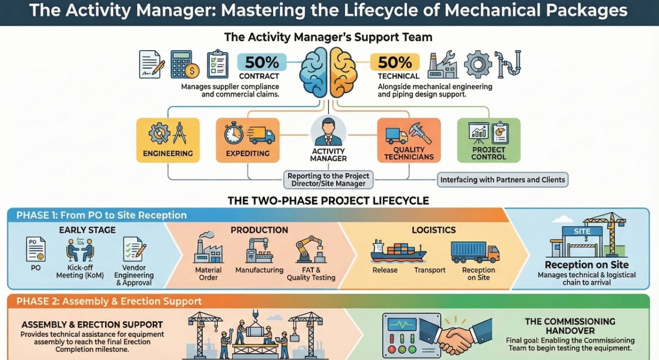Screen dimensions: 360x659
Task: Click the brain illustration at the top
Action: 329,72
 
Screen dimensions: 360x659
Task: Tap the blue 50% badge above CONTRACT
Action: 262,62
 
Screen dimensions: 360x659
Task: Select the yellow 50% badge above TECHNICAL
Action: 395,62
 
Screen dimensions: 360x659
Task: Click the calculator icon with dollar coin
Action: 185,64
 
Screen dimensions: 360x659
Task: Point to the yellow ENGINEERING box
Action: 168,140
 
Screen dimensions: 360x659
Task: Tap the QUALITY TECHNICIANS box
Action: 409,140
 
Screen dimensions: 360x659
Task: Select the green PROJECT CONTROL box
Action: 489,140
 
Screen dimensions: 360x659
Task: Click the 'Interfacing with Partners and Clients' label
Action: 503,180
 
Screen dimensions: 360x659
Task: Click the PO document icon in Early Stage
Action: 36,249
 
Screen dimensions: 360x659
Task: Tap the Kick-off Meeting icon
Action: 80,249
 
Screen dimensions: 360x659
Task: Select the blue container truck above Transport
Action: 474,252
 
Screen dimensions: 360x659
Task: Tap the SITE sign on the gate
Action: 582,231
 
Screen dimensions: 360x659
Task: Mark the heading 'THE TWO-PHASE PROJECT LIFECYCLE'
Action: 328,200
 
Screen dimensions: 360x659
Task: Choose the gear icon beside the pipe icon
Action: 477,64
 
